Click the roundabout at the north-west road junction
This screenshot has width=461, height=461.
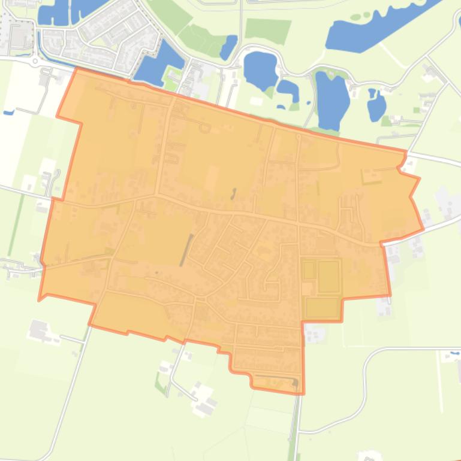(x=35, y=60)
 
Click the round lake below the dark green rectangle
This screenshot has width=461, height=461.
(x=259, y=68)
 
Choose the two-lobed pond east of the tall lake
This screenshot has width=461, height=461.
(x=376, y=104)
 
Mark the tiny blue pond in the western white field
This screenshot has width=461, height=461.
(x=8, y=112)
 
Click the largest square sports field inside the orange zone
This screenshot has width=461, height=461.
(x=329, y=276)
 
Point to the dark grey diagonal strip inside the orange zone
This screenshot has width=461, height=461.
(x=187, y=250)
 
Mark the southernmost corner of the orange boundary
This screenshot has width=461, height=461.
(x=303, y=393)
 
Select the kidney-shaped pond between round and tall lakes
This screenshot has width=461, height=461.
(x=288, y=90)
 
